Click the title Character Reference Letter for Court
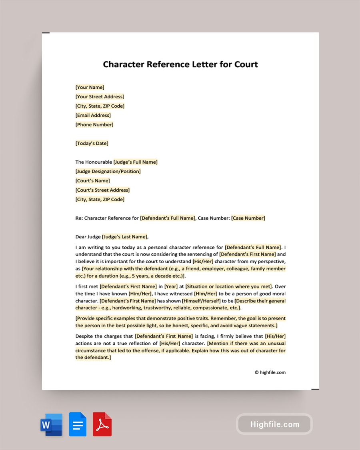coord(180,64)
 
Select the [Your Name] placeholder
coord(90,87)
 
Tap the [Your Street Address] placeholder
coord(100,96)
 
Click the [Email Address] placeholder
coord(93,115)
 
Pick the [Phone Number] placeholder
coord(94,124)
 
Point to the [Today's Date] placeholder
coord(92,143)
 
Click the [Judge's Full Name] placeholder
coord(135,162)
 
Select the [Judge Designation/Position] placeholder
coord(108,171)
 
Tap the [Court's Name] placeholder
coord(92,180)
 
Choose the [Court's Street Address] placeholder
coord(102,190)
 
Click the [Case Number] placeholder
coord(248,218)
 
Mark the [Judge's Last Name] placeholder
coord(125,236)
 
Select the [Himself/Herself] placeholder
coord(203,301)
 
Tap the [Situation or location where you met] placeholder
coord(229,286)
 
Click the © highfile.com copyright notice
coord(270,372)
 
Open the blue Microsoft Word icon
coord(52,424)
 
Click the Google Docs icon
coord(78,424)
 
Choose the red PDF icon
coord(102,424)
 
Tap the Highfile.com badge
coord(274,424)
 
